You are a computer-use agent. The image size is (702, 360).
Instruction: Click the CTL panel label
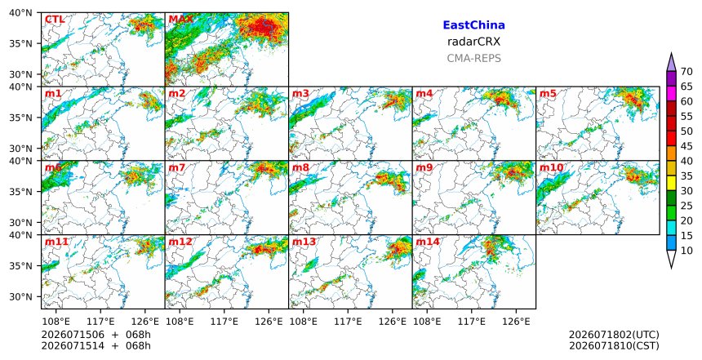click(55, 20)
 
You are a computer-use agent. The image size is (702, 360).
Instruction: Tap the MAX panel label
click(181, 20)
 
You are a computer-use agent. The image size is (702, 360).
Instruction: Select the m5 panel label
click(548, 94)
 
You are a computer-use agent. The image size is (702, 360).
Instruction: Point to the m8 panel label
click(300, 168)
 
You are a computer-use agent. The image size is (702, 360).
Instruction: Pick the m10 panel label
click(551, 168)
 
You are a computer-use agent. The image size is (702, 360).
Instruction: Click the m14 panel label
click(428, 242)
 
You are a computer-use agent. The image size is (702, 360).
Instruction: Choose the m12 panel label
click(180, 242)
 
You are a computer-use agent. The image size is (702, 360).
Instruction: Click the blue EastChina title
click(473, 25)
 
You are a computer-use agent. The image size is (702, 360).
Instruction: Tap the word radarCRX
click(473, 42)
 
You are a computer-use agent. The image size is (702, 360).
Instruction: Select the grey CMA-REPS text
click(473, 58)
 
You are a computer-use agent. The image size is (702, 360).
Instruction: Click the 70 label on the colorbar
click(686, 72)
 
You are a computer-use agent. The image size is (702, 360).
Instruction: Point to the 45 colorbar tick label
click(686, 146)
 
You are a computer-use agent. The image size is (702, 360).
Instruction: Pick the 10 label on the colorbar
click(686, 251)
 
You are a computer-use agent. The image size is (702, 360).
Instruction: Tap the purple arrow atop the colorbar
click(671, 63)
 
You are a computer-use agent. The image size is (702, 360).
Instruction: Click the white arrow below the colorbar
click(671, 260)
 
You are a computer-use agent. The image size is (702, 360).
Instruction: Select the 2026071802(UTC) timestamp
click(614, 335)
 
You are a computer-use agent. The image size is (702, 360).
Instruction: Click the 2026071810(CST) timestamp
click(614, 345)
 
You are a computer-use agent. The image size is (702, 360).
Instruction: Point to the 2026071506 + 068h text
click(96, 335)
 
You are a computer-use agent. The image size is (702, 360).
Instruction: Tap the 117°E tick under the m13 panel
click(348, 321)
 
